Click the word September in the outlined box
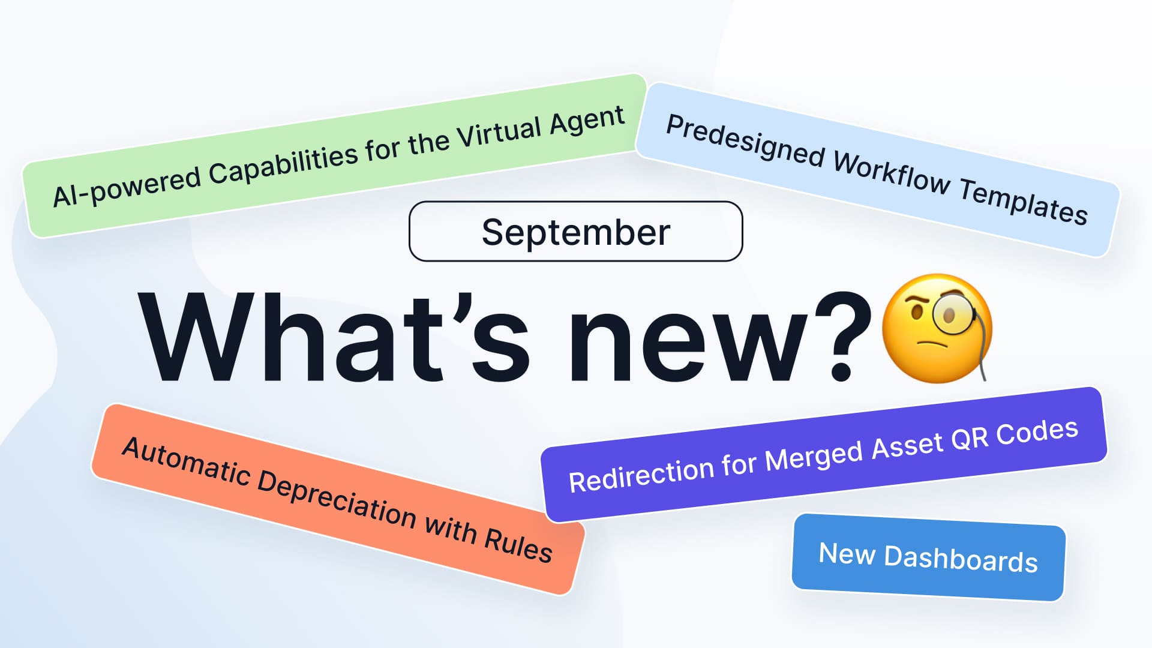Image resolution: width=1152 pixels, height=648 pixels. pyautogui.click(x=576, y=233)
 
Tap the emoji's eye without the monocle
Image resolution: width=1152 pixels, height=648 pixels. pyautogui.click(x=916, y=313)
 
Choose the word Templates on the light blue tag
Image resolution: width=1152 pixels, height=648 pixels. pyautogui.click(x=1024, y=202)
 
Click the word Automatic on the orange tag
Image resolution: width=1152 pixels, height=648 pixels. pyautogui.click(x=186, y=460)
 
